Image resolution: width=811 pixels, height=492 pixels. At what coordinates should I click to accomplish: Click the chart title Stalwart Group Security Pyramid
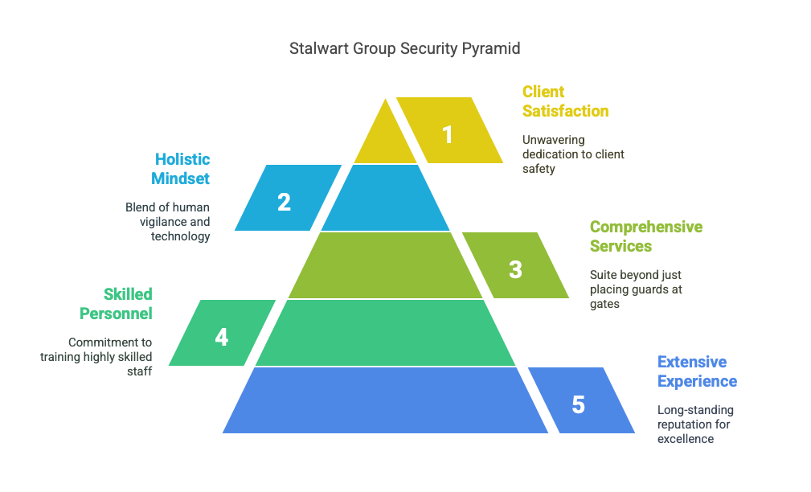pos(404,48)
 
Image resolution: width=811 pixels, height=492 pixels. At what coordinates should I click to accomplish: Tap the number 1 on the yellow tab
pos(448,135)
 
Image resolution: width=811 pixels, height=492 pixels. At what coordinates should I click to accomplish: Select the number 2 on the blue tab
pos(284,203)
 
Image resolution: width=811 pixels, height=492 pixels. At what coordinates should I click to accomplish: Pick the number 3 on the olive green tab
pos(515,269)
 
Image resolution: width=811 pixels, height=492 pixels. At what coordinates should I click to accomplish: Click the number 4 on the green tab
pos(221,338)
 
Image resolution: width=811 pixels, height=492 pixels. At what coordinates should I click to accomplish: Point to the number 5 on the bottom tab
pos(578,404)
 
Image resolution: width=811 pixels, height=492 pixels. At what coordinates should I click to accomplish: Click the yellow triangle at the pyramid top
pos(385,134)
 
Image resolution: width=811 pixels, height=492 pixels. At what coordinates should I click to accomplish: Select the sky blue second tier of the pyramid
pos(385,198)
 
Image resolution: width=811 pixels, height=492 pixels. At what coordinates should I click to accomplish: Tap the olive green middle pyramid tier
pos(385,265)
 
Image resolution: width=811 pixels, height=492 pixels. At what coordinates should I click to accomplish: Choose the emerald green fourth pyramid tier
pos(385,333)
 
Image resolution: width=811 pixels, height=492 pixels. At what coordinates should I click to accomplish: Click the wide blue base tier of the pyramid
pos(385,400)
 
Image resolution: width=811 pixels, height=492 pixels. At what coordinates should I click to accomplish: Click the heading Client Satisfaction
pos(565,101)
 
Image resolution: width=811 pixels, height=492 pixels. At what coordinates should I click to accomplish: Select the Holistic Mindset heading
pos(181,169)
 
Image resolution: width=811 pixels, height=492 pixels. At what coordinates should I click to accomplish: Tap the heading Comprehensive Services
pos(646,236)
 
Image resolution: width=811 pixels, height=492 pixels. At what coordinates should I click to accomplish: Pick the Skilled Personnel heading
pos(116,304)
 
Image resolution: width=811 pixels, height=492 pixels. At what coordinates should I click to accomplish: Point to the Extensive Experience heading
pos(697,371)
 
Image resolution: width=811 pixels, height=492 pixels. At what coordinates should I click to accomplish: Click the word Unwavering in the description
pos(554,140)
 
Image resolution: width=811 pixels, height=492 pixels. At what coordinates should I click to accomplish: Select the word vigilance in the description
pos(159,222)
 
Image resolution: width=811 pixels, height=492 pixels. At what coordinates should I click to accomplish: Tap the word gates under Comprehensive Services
pos(604,304)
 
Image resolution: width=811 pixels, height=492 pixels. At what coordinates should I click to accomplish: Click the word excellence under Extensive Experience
pos(686,439)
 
